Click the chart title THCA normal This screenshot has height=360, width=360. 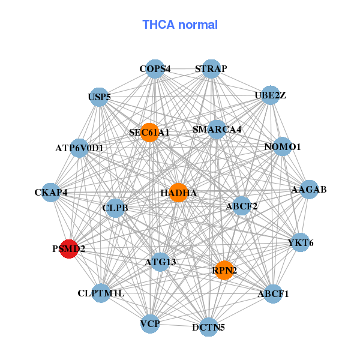pos(180,25)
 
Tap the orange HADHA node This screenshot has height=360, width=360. pos(178,193)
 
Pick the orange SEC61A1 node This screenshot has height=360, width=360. pos(149,133)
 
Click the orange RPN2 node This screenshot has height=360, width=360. pos(224,271)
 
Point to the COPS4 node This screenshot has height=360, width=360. pos(155,69)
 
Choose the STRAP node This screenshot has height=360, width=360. pos(211,69)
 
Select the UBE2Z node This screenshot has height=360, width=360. pos(270,95)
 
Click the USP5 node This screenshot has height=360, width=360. pos(99,97)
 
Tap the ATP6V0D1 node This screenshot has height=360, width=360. pos(79,148)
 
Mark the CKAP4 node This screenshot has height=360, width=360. pos(51,193)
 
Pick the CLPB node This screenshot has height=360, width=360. pos(115,208)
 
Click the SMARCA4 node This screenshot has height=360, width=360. pos(217,129)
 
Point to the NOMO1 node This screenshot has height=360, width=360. pos(282,146)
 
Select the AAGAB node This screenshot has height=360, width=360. pos(308,190)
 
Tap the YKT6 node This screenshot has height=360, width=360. pos(300,242)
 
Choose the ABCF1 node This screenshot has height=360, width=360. pos(273,293)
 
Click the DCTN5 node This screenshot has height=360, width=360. pos(208,327)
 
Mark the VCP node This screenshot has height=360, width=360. pos(150,324)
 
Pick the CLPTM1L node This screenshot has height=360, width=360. pos(101,293)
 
